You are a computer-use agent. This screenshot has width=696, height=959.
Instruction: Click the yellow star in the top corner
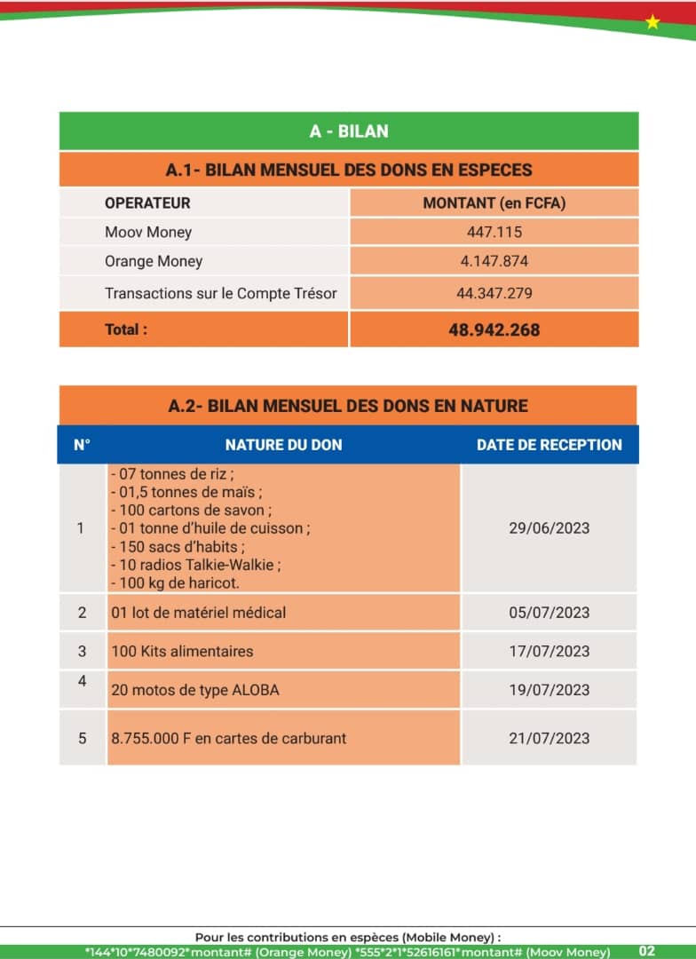pyautogui.click(x=652, y=22)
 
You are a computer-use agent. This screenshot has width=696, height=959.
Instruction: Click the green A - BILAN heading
pyautogui.click(x=349, y=131)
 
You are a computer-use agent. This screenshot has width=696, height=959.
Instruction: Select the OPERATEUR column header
pyautogui.click(x=147, y=203)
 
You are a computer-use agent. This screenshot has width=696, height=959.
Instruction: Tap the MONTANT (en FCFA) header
pyautogui.click(x=494, y=203)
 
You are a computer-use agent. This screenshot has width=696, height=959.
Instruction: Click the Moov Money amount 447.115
pyautogui.click(x=494, y=233)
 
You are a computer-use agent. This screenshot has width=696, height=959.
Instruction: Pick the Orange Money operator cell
pyautogui.click(x=154, y=261)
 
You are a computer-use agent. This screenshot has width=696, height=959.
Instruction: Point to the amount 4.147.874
pyautogui.click(x=494, y=262)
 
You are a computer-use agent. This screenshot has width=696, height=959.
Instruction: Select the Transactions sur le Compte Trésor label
pyautogui.click(x=221, y=293)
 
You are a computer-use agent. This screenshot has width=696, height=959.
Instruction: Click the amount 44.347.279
pyautogui.click(x=494, y=293)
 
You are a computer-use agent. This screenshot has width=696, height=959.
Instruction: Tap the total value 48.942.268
pyautogui.click(x=494, y=329)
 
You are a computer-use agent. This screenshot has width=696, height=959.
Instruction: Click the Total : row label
pyautogui.click(x=126, y=329)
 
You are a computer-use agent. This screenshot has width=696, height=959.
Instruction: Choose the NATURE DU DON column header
pyautogui.click(x=283, y=445)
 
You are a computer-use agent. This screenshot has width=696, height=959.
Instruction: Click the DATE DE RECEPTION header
pyautogui.click(x=549, y=445)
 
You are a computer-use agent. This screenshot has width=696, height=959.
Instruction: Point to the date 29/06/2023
pyautogui.click(x=549, y=528)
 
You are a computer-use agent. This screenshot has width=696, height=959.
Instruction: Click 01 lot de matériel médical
pyautogui.click(x=199, y=613)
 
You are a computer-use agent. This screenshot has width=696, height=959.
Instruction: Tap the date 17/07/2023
pyautogui.click(x=549, y=652)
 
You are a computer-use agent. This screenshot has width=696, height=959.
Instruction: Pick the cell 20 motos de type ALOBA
pyautogui.click(x=194, y=690)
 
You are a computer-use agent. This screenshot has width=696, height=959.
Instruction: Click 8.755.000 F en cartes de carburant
pyautogui.click(x=229, y=738)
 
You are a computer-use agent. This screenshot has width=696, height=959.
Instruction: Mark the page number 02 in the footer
pyautogui.click(x=646, y=951)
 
